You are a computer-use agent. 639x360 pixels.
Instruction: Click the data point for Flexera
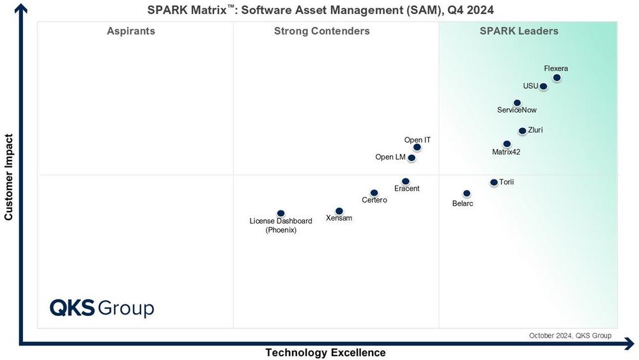[x=557, y=78]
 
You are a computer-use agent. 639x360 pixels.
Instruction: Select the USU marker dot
[x=543, y=86]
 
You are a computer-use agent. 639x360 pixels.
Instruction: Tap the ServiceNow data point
[x=517, y=103]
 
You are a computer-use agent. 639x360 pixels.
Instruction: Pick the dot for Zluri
[x=522, y=131]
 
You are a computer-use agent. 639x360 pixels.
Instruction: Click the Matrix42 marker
[x=507, y=144]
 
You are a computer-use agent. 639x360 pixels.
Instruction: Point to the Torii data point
[x=493, y=182]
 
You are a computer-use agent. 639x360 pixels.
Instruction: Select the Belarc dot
[x=466, y=193]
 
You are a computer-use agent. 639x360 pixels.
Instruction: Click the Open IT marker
[x=417, y=147]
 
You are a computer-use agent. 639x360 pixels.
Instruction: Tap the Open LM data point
[x=412, y=158]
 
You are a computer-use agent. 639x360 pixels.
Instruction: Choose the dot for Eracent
[x=405, y=182]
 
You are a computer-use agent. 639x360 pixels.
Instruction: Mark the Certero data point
[x=374, y=192]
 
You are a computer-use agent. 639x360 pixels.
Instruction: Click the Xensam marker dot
[x=339, y=211]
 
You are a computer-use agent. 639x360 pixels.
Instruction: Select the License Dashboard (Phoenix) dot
[x=281, y=214]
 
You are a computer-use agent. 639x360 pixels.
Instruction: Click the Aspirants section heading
[x=131, y=31]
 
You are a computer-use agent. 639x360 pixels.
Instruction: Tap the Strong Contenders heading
[x=321, y=31]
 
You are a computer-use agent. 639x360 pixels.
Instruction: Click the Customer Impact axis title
[x=9, y=177]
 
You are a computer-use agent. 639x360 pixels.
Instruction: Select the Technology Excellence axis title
[x=325, y=352]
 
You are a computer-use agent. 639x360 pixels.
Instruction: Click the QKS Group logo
[x=102, y=308]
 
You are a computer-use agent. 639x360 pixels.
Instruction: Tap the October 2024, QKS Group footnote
[x=569, y=335]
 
